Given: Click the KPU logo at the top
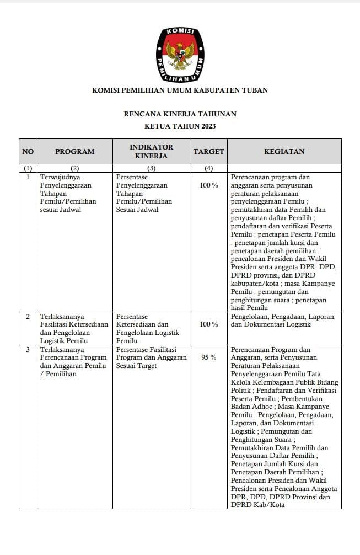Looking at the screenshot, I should [x=180, y=54].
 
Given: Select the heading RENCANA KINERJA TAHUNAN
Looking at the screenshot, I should [x=180, y=114].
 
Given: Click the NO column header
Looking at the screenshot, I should [x=28, y=151].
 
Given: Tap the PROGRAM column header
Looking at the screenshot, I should [x=74, y=151].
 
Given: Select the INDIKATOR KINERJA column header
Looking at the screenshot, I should [x=151, y=151].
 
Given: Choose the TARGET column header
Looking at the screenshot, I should [x=208, y=151].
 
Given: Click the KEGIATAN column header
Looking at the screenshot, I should [x=284, y=151].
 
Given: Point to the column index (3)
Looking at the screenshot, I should [x=151, y=168].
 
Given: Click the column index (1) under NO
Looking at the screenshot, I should [x=28, y=168].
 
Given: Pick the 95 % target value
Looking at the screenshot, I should [x=208, y=357].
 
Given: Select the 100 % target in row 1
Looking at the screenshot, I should [x=208, y=185].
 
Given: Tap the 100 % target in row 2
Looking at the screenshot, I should [x=208, y=324].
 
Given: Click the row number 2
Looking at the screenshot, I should [x=28, y=317].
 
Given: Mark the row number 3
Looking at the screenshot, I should [x=28, y=350].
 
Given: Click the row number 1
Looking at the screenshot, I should [x=28, y=177].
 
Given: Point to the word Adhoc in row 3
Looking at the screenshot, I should [x=261, y=407].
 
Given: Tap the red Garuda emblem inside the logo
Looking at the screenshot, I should [x=180, y=55].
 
